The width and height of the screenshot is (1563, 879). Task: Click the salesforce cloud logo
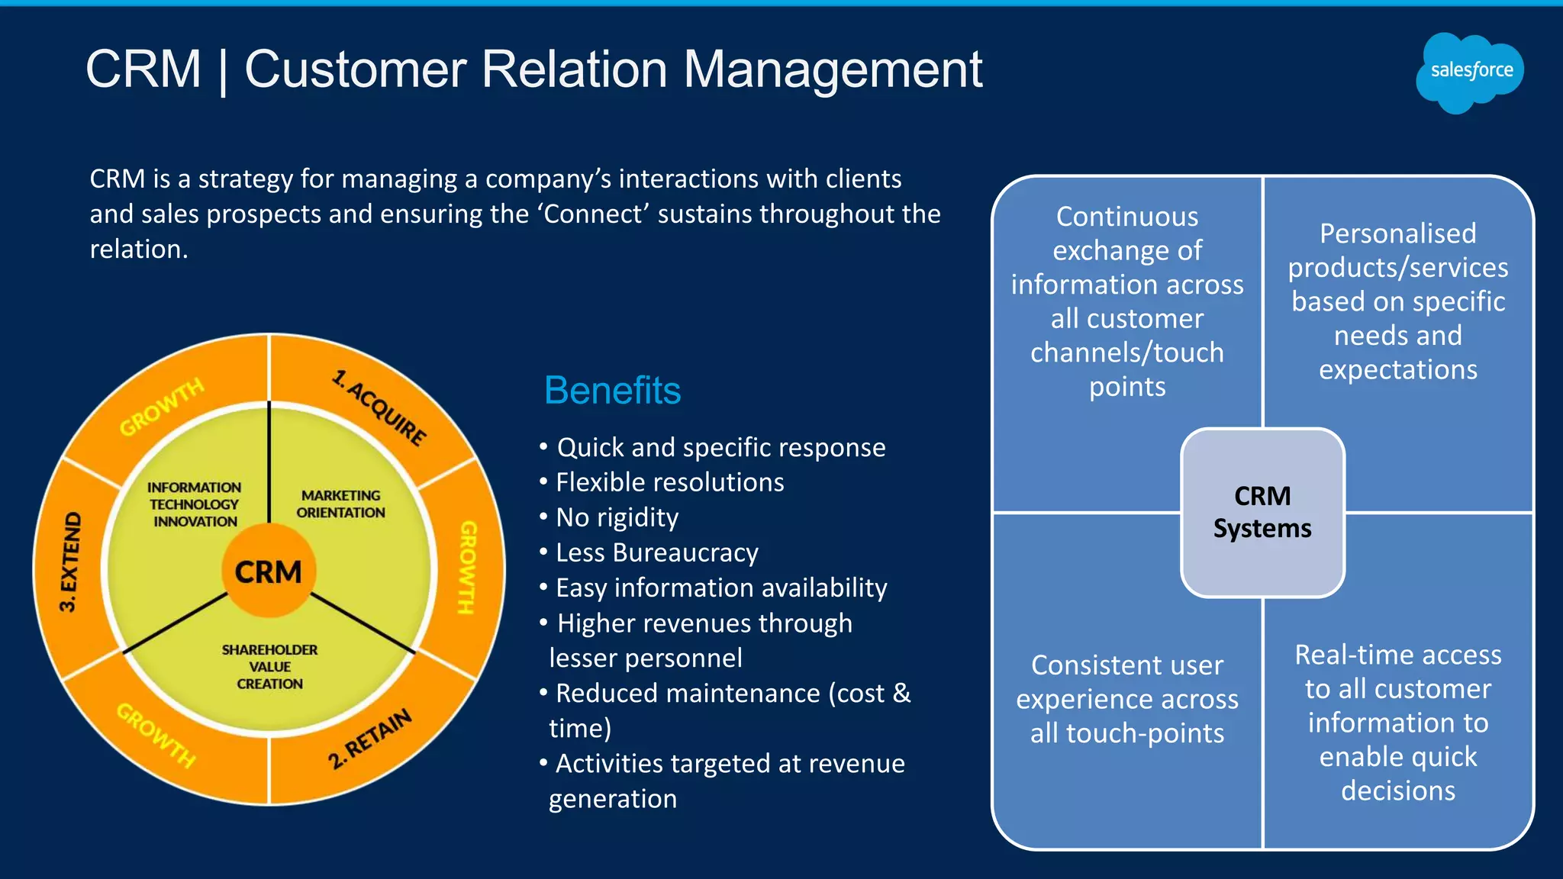1470,72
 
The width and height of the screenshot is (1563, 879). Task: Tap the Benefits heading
612,391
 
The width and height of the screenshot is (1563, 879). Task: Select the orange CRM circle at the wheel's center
269,572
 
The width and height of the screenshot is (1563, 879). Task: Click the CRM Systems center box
1262,513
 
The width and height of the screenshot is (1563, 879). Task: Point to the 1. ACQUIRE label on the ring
379,409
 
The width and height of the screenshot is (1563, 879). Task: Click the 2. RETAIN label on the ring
370,738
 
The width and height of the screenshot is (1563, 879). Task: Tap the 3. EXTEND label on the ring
70,562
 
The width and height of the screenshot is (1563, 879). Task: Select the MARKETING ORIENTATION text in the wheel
340,504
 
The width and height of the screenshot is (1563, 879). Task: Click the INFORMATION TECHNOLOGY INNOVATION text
195,504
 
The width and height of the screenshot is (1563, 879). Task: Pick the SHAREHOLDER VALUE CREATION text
269,667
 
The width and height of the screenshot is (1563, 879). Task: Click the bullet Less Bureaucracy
656,552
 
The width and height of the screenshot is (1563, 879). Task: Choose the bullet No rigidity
617,517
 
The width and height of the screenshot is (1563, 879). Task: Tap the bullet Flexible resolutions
669,482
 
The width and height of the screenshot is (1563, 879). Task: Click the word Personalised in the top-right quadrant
1397,233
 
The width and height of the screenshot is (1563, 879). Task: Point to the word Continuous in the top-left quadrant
1127,217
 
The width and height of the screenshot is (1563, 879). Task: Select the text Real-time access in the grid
1397,655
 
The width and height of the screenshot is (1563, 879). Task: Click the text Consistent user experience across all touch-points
1127,699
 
